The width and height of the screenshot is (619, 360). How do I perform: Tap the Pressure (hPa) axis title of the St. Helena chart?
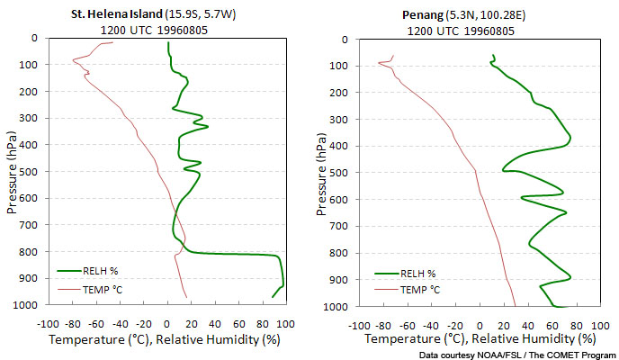coord(12,171)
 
